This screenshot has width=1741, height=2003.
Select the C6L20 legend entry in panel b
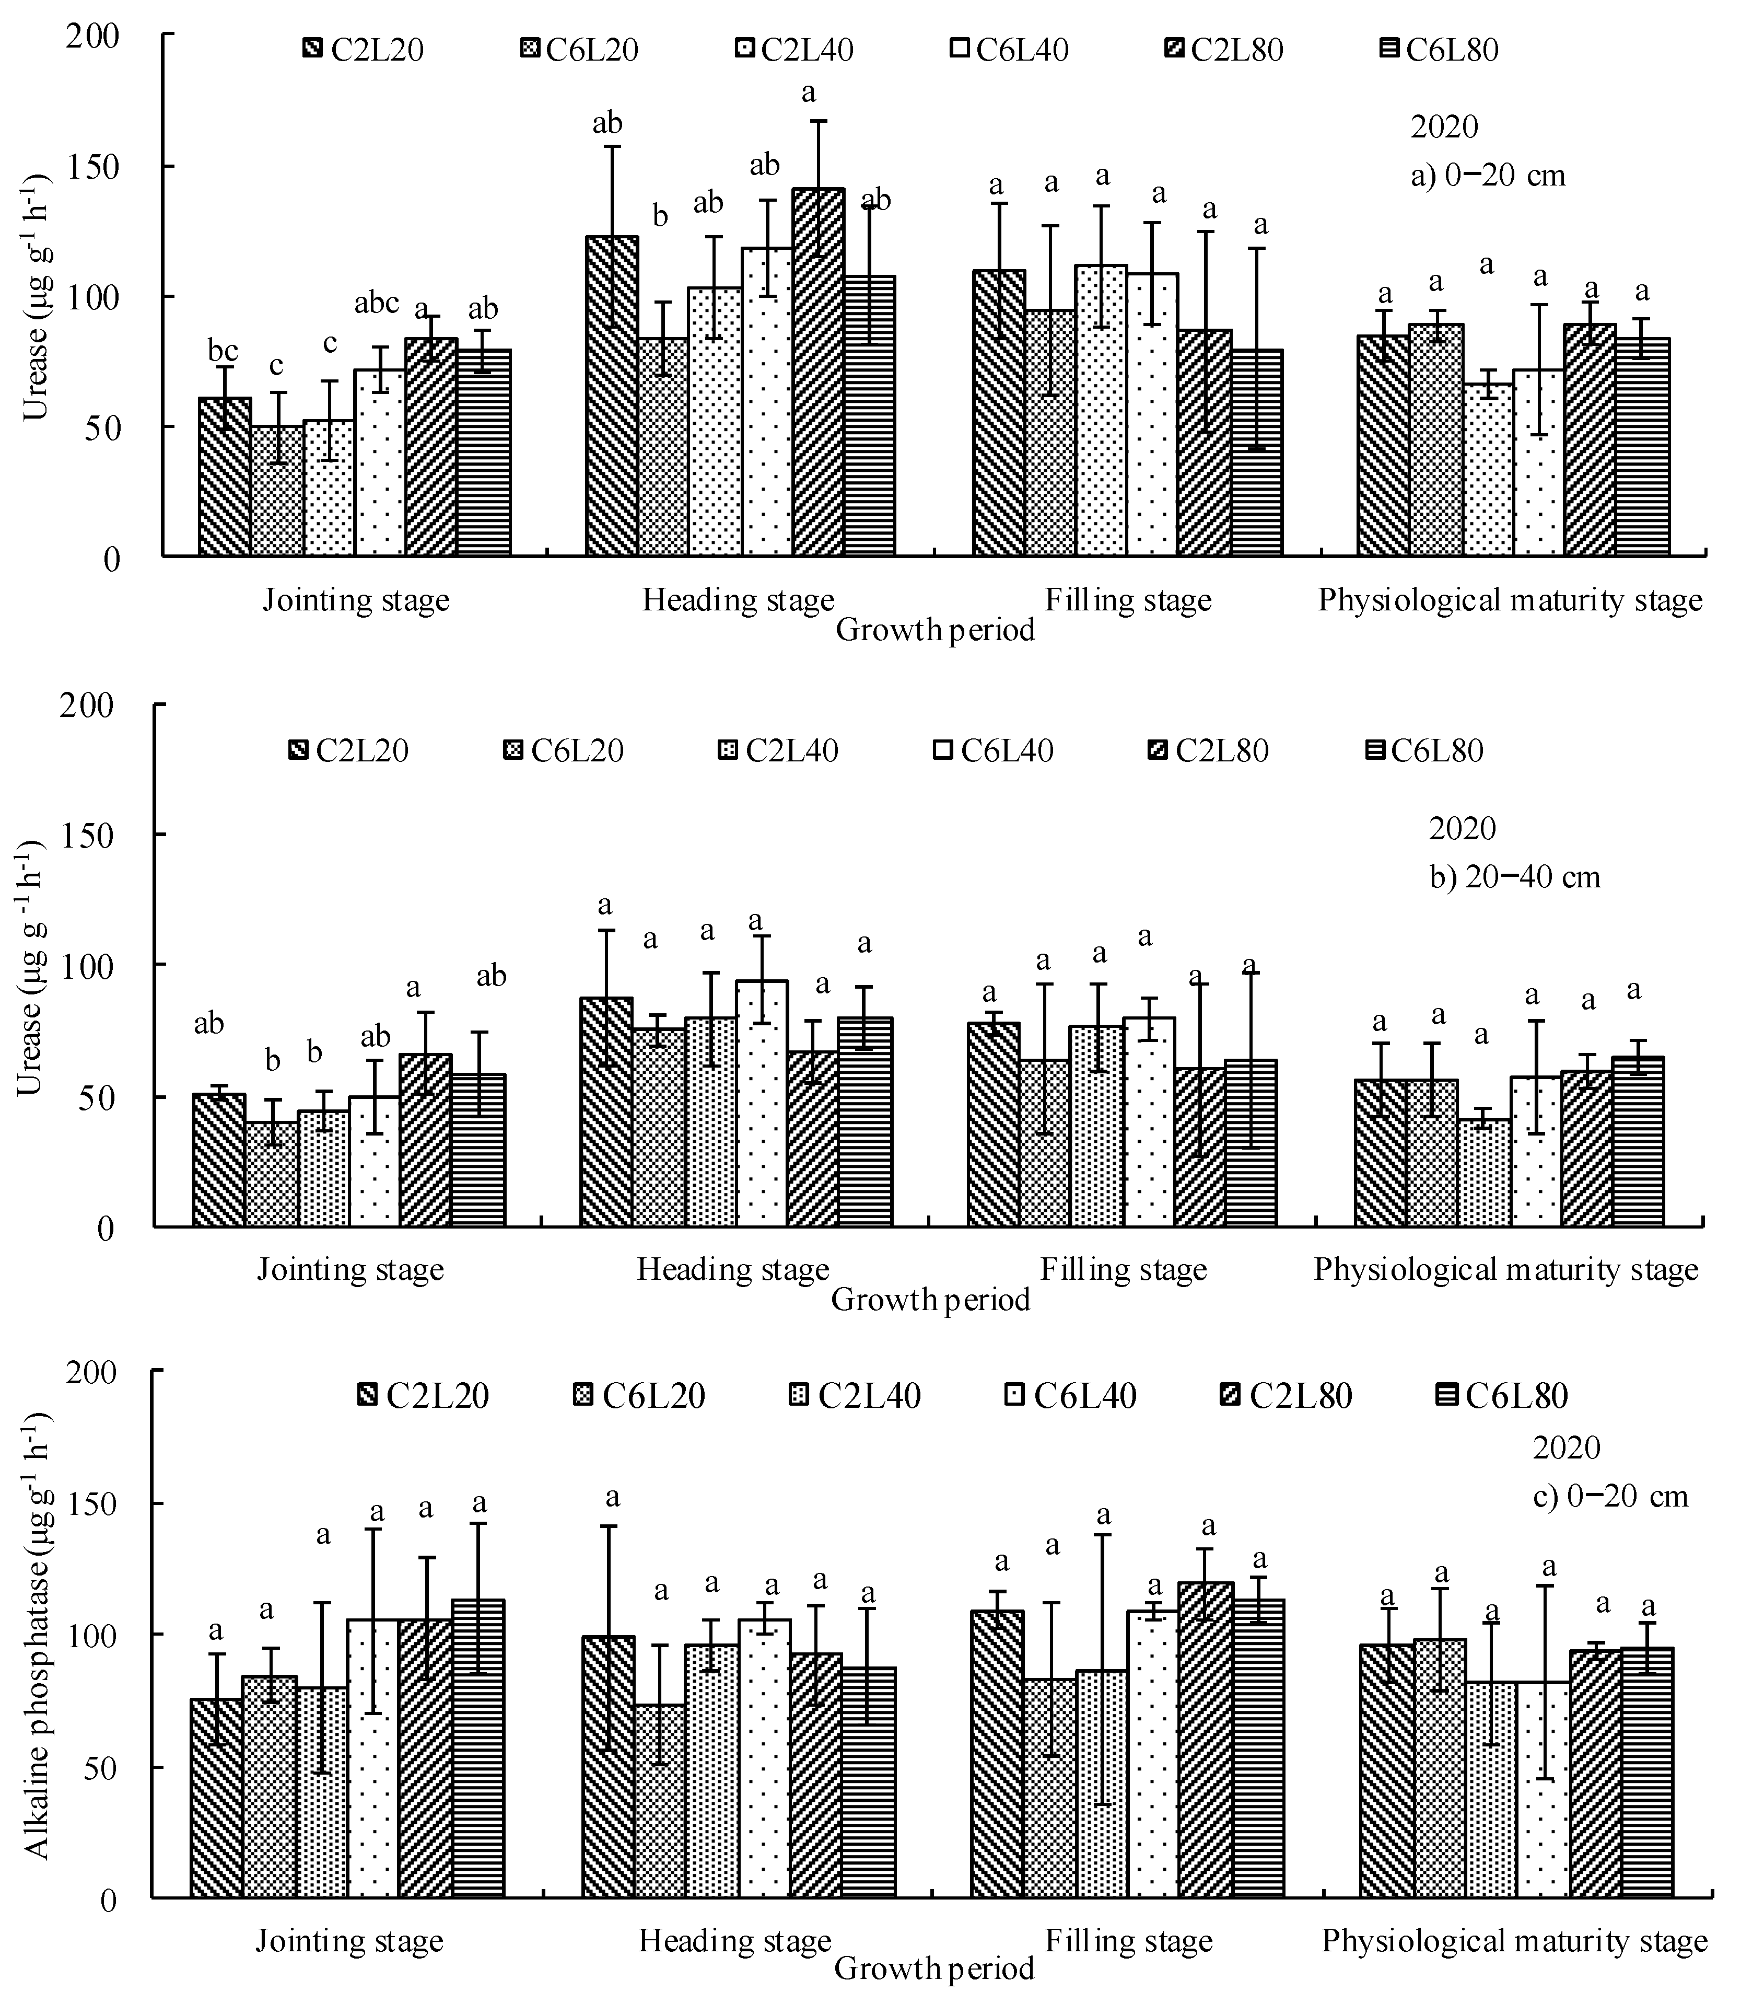(x=565, y=750)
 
